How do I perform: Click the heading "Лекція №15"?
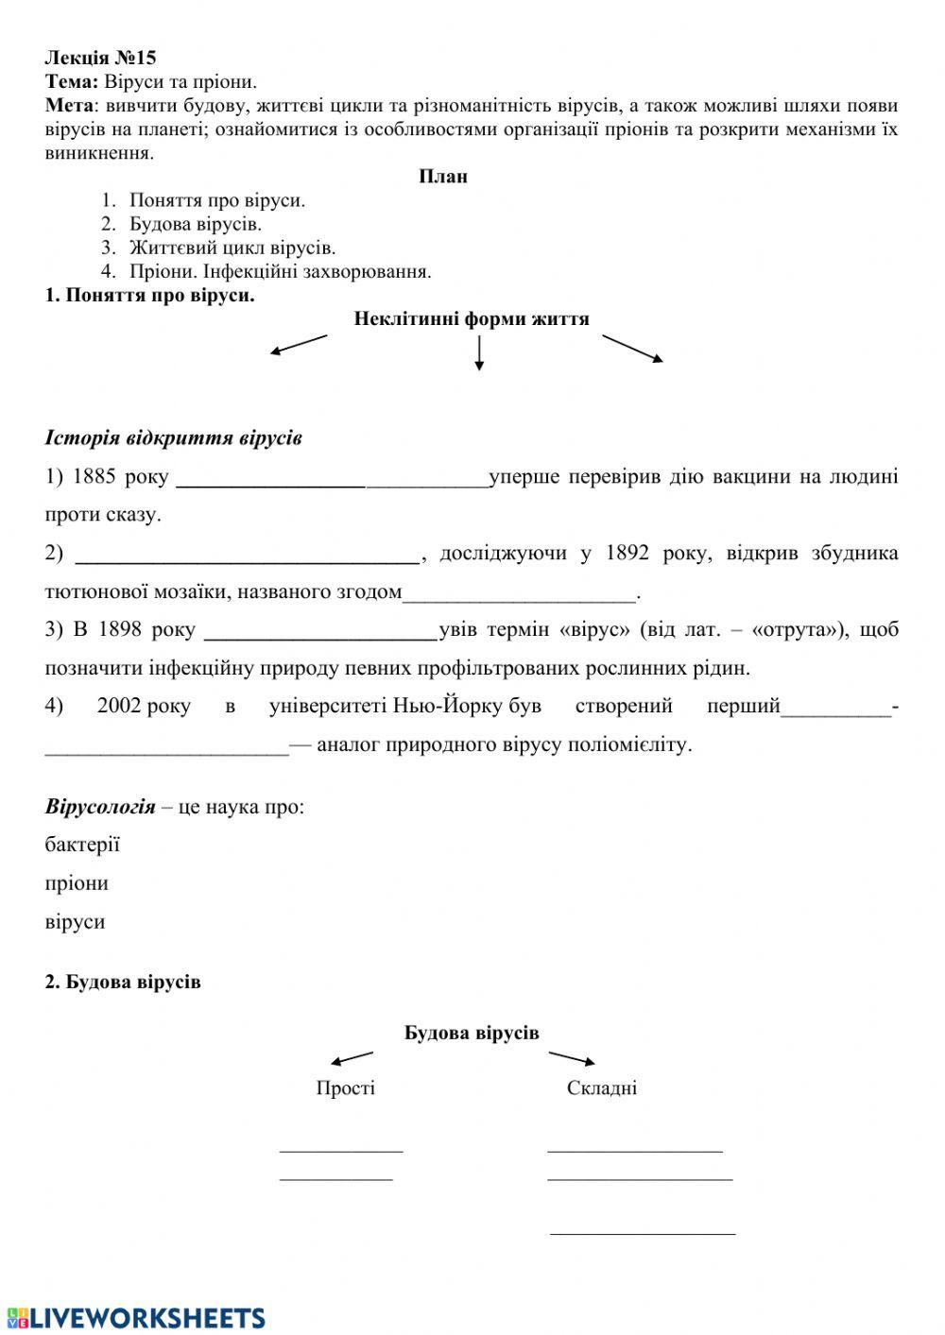pyautogui.click(x=100, y=59)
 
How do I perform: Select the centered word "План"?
pyautogui.click(x=443, y=177)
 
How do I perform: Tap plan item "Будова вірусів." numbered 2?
pyautogui.click(x=196, y=225)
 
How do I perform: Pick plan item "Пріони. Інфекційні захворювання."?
pyautogui.click(x=280, y=272)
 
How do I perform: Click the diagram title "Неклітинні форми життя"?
pyautogui.click(x=471, y=319)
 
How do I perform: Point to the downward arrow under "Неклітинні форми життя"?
pyautogui.click(x=479, y=352)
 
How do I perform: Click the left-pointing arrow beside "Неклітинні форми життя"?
pyautogui.click(x=298, y=345)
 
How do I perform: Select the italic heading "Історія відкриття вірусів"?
pyautogui.click(x=173, y=438)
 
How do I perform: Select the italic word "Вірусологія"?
pyautogui.click(x=99, y=807)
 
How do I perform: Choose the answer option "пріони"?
pyautogui.click(x=77, y=883)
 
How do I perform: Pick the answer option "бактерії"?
pyautogui.click(x=82, y=845)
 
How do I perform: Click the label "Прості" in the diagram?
pyautogui.click(x=345, y=1088)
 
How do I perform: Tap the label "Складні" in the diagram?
pyautogui.click(x=602, y=1088)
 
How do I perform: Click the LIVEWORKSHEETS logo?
pyautogui.click(x=135, y=1317)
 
